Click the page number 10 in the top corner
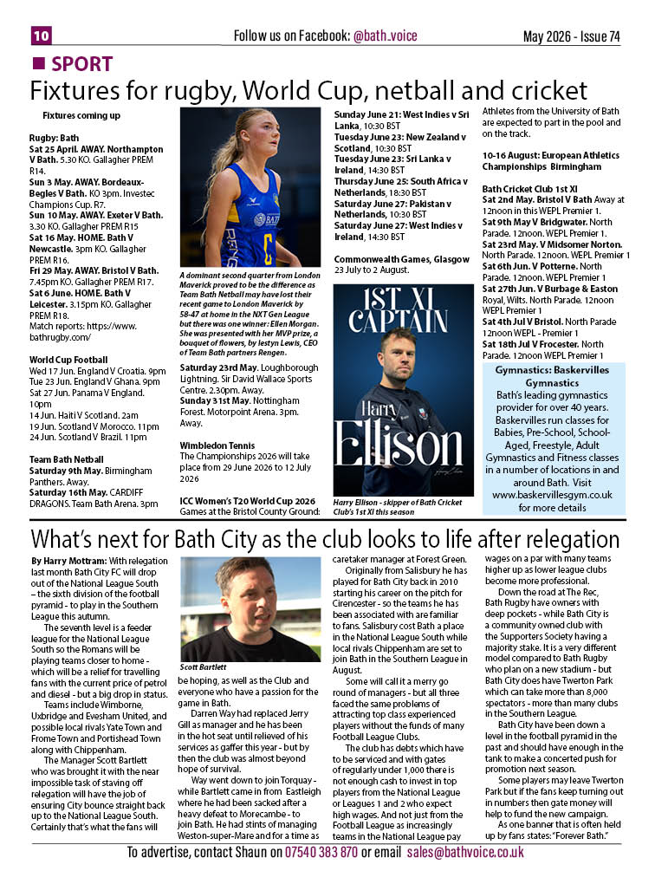[42, 36]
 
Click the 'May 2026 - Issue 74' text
[571, 36]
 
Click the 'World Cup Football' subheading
[68, 359]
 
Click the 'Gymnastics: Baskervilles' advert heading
[564, 370]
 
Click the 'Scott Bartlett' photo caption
[204, 667]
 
